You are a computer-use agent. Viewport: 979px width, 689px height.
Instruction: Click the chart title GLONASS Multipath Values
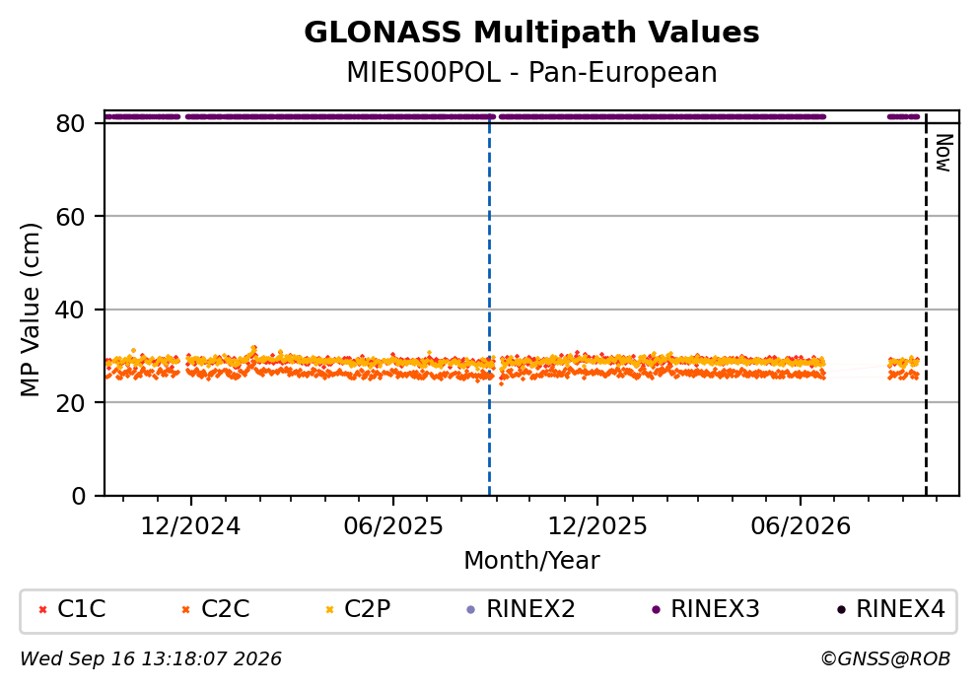tap(531, 33)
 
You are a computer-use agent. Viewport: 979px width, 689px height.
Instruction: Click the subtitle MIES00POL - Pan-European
tap(531, 72)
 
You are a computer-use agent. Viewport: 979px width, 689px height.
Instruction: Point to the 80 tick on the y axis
tap(71, 123)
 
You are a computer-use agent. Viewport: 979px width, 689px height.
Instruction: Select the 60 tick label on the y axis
tap(71, 217)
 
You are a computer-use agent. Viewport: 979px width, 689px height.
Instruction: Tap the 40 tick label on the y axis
tap(71, 310)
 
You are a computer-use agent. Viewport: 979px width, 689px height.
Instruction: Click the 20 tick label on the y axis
tap(71, 402)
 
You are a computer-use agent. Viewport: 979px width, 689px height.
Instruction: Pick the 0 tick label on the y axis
tap(79, 496)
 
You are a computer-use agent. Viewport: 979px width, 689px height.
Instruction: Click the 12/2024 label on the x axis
tap(190, 526)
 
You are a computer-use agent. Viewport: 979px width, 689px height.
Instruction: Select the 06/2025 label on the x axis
tap(393, 526)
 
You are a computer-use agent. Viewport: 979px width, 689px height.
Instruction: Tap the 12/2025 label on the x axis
tap(597, 526)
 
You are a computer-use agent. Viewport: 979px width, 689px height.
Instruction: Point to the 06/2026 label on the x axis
tap(801, 526)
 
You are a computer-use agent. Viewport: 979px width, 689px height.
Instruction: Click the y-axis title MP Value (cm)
tap(30, 310)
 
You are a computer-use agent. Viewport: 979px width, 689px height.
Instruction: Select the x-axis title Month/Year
tap(531, 561)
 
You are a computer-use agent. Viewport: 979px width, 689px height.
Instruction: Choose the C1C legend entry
tap(72, 608)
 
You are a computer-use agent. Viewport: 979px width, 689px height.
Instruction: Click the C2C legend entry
tap(215, 608)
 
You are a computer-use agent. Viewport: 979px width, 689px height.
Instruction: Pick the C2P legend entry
tap(358, 608)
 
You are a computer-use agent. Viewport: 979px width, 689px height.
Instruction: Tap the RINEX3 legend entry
tap(706, 608)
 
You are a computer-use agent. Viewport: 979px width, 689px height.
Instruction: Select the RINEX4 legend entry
tap(891, 608)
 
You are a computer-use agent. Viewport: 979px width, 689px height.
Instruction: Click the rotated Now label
tap(944, 153)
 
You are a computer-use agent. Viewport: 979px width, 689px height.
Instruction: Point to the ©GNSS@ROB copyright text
tap(885, 659)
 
